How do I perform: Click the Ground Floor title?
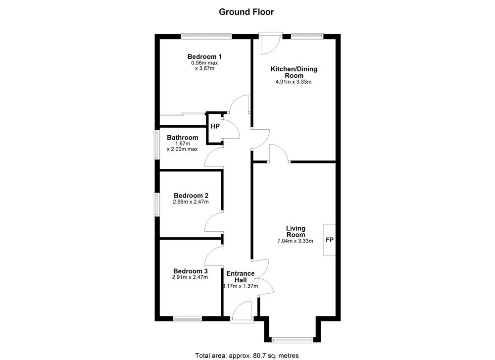pyautogui.click(x=246, y=12)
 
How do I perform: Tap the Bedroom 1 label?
pyautogui.click(x=204, y=56)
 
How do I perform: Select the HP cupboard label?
pyautogui.click(x=215, y=126)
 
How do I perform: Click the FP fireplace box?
pyautogui.click(x=329, y=240)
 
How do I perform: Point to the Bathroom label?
pyautogui.click(x=183, y=138)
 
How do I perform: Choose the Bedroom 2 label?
pyautogui.click(x=191, y=196)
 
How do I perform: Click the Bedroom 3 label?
pyautogui.click(x=191, y=271)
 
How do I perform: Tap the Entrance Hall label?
pyautogui.click(x=241, y=277)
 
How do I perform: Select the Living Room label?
pyautogui.click(x=296, y=231)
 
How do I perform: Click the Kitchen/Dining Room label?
pyautogui.click(x=294, y=72)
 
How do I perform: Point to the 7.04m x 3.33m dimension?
pyautogui.click(x=295, y=241)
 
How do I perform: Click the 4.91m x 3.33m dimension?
pyautogui.click(x=294, y=82)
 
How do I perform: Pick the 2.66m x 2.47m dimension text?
pyautogui.click(x=191, y=202)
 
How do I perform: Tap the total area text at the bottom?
pyautogui.click(x=247, y=356)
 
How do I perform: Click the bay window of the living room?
pyautogui.click(x=293, y=340)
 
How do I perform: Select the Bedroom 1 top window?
pyautogui.click(x=206, y=36)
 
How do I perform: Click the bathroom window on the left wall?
pyautogui.click(x=156, y=145)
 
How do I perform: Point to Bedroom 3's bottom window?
pyautogui.click(x=187, y=319)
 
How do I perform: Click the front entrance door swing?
pyautogui.click(x=242, y=312)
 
